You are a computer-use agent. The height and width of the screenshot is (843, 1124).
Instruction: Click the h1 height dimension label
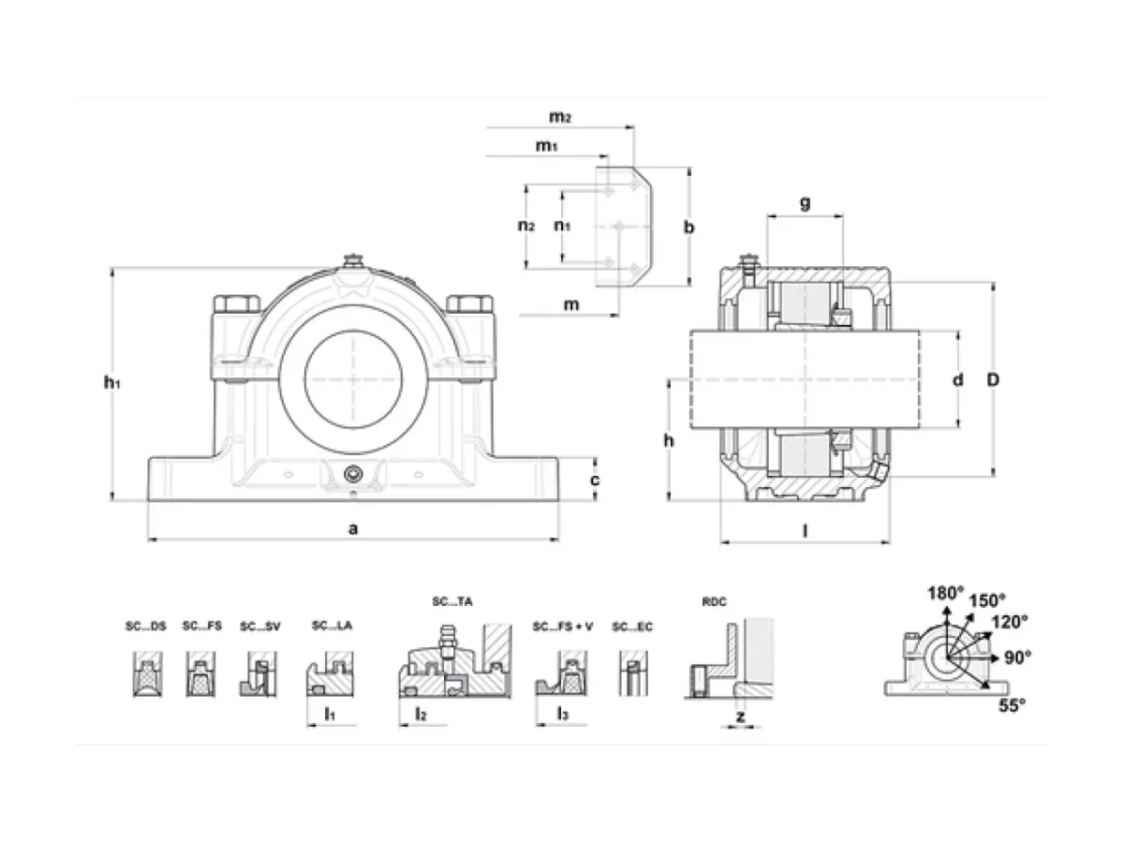(111, 382)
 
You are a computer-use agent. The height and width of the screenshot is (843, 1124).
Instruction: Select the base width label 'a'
(353, 528)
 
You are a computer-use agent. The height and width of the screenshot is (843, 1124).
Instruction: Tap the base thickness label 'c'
(594, 480)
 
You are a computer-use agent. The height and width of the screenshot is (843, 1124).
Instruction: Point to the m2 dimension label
(560, 117)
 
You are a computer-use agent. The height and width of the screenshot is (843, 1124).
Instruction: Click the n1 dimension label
(562, 225)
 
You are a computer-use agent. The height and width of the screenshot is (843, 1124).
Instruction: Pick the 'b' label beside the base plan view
(688, 227)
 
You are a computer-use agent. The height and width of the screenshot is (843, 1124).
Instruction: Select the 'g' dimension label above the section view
(805, 202)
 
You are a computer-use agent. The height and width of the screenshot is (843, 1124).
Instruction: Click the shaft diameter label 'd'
(957, 379)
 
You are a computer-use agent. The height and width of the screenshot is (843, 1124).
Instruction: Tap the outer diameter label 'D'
(992, 379)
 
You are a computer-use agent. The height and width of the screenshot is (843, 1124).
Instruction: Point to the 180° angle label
(946, 593)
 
